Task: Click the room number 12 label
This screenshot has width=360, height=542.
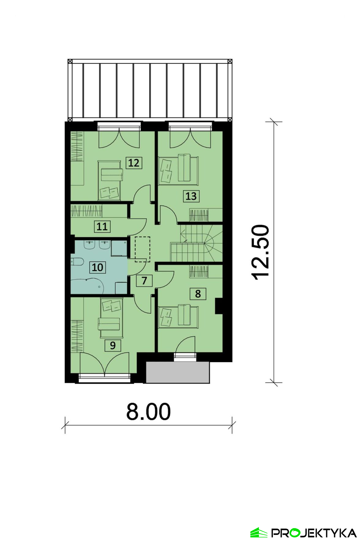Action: click(134, 163)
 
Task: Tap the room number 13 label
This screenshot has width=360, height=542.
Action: click(191, 196)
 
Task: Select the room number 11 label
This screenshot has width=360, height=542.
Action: click(102, 227)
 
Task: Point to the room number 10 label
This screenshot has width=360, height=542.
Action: click(97, 267)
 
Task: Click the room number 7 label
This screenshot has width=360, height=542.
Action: click(144, 280)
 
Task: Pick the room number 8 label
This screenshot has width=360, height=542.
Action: click(198, 294)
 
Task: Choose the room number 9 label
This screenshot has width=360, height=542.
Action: click(113, 346)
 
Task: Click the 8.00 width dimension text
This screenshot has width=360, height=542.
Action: click(148, 412)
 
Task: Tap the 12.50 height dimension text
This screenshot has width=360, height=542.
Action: click(261, 252)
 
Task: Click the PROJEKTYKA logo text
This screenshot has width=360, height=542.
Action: click(314, 533)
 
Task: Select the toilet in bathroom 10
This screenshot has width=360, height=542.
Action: click(77, 262)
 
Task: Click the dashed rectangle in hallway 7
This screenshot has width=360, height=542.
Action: click(143, 249)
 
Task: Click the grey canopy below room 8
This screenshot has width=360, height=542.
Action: click(178, 372)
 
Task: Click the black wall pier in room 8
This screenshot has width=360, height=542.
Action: click(219, 306)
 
